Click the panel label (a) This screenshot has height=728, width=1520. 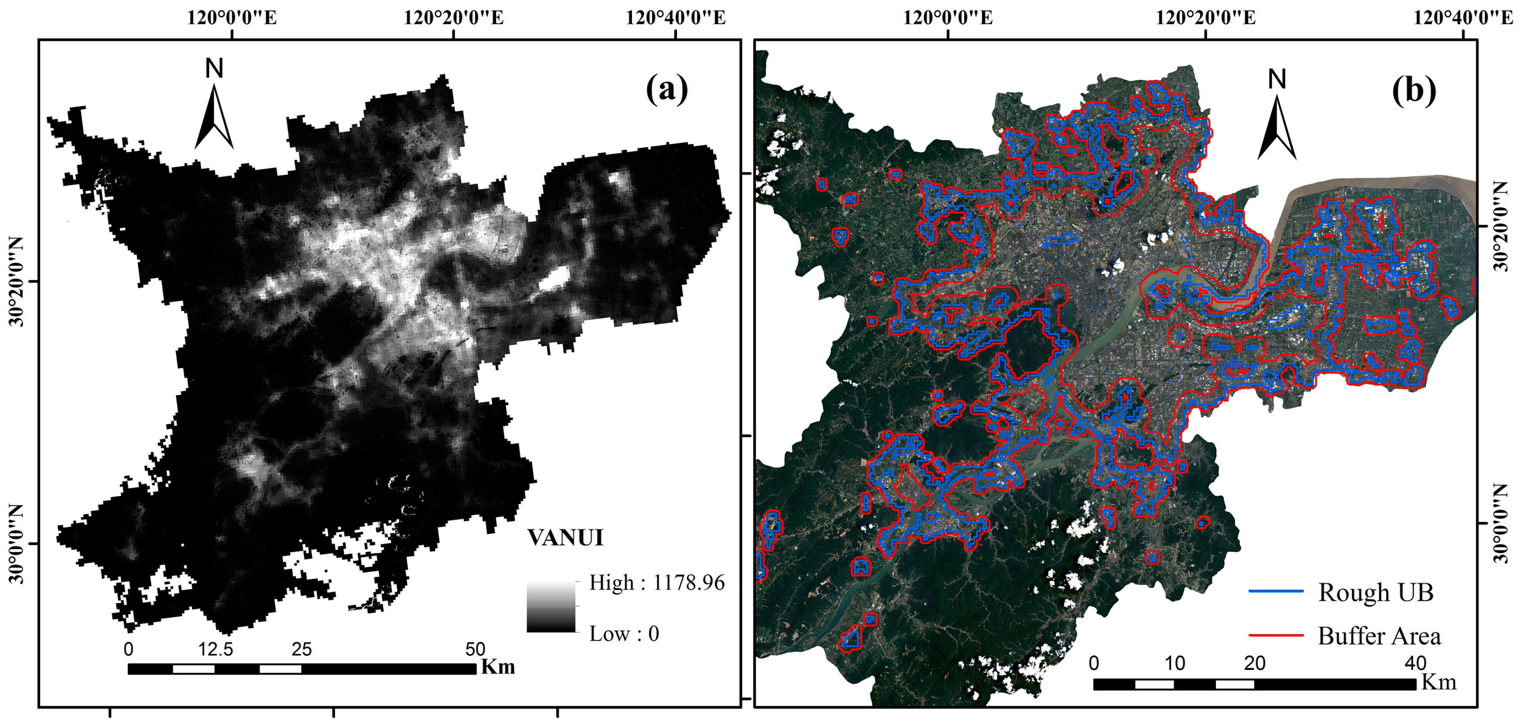coord(667,90)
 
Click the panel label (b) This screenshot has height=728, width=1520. coord(1414,92)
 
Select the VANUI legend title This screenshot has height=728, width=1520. coord(565,538)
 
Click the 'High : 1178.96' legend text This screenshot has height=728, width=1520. coord(656,583)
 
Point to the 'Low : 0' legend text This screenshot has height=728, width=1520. coord(624,633)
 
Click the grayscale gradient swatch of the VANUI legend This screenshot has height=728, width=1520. coord(551,607)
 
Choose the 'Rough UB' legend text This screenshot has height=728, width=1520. coord(1375,592)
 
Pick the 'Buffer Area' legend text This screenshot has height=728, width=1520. coord(1379,636)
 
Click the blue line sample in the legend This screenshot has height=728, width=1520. coord(1276,591)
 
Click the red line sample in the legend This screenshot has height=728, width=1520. coord(1276,635)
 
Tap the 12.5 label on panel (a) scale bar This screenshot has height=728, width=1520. coord(215,650)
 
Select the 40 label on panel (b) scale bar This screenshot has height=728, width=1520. coord(1415,663)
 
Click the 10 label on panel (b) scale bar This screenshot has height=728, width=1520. coord(1174,663)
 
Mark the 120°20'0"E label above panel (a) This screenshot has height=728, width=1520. coord(453,18)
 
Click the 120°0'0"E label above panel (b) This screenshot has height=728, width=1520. coord(948,18)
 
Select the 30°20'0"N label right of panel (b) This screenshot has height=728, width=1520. coord(1501,226)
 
